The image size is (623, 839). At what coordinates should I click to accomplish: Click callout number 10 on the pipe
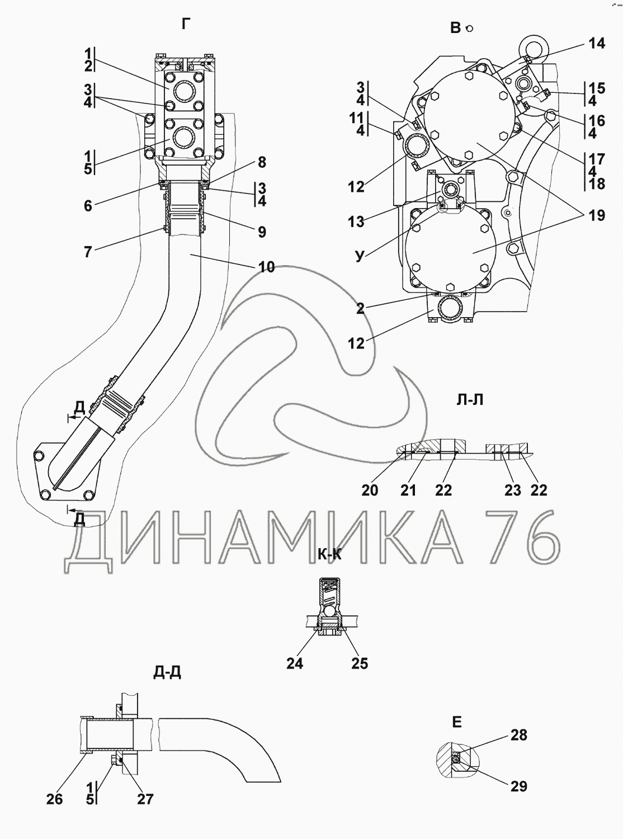(267, 267)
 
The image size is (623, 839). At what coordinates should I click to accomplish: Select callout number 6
(88, 205)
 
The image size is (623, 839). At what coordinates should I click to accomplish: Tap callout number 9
(262, 232)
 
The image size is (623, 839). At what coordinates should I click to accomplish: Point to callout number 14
(597, 43)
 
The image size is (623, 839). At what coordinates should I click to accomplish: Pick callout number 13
(356, 222)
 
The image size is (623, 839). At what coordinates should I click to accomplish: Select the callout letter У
(359, 256)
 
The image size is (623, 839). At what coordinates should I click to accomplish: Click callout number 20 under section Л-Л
(370, 490)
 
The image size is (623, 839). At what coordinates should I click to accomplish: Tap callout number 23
(512, 490)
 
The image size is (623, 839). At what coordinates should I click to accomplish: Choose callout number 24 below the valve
(295, 663)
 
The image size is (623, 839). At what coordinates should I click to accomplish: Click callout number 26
(55, 799)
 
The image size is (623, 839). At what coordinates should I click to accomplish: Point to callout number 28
(519, 734)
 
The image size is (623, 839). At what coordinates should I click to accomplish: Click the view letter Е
(456, 722)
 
